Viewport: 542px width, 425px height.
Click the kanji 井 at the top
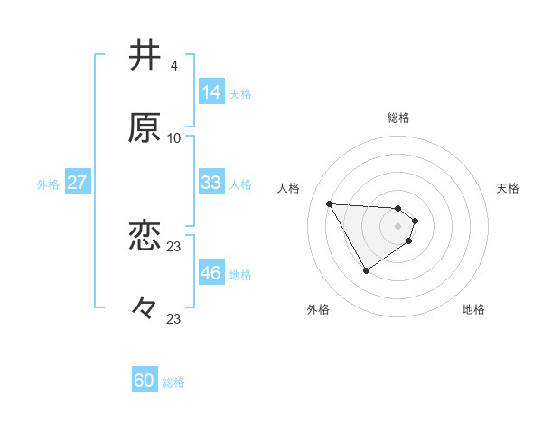[145, 56]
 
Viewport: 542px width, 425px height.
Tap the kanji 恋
[145, 236]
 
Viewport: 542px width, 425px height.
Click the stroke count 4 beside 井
[173, 66]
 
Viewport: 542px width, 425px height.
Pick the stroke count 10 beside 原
[173, 138]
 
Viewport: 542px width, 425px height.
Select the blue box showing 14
[210, 92]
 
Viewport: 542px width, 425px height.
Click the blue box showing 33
[210, 183]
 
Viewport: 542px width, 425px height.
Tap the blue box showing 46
[210, 273]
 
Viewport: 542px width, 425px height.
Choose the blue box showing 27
[78, 183]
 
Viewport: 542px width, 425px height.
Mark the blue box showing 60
[145, 381]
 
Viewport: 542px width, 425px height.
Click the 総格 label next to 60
[173, 382]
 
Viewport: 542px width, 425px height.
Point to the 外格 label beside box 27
[48, 184]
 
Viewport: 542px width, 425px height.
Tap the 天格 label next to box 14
[240, 93]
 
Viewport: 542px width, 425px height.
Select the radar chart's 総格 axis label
[398, 118]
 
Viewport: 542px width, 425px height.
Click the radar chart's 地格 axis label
[473, 309]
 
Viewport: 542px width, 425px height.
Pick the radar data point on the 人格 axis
[329, 203]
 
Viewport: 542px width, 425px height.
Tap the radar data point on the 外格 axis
[366, 270]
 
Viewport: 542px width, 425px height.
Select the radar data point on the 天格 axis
[416, 220]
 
